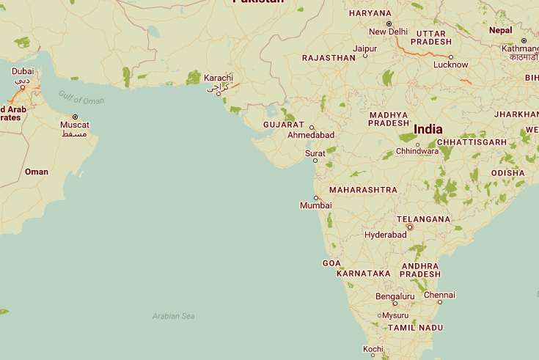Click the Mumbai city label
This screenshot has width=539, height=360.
click(316, 206)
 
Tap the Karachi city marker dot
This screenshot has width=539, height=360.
click(219, 94)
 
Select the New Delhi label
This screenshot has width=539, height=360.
click(388, 32)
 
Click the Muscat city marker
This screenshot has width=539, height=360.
click(75, 117)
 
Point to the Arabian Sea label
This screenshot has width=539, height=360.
click(173, 316)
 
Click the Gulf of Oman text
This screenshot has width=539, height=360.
click(81, 97)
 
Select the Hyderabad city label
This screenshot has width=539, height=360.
click(385, 235)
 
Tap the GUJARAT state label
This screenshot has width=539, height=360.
click(283, 125)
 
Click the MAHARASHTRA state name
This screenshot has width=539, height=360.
click(363, 190)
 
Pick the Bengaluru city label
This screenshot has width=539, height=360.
click(395, 296)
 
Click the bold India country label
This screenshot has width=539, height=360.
click(428, 129)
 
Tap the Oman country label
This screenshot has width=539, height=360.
click(37, 172)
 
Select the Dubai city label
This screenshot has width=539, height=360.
click(23, 71)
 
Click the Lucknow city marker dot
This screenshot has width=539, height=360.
click(451, 57)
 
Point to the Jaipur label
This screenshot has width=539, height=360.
click(364, 48)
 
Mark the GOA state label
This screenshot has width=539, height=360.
click(331, 263)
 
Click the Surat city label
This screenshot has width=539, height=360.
click(315, 153)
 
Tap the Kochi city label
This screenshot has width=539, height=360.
click(373, 348)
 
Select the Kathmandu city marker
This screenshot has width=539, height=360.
click(524, 40)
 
